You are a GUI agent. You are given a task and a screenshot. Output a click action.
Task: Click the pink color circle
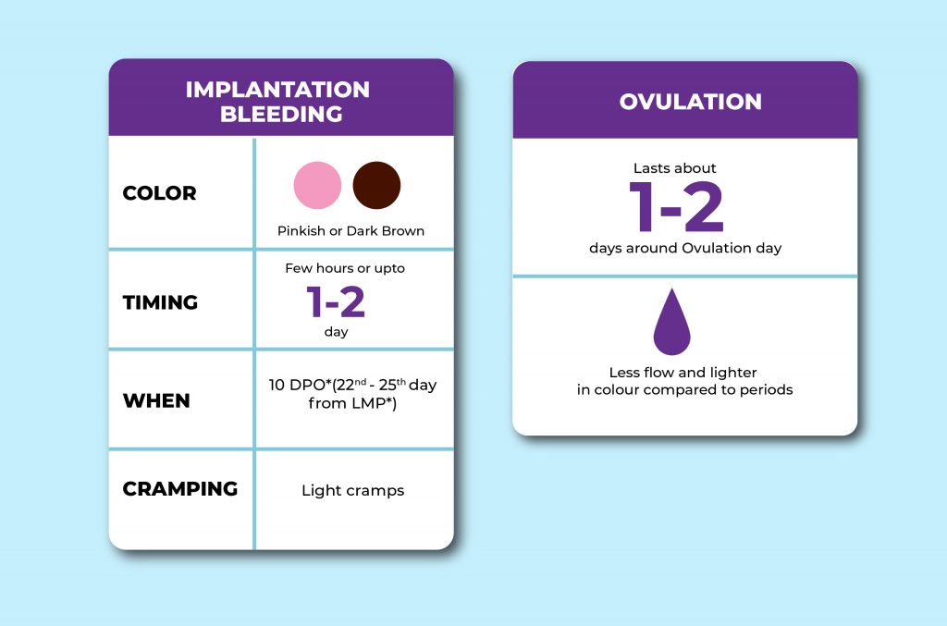[317, 185]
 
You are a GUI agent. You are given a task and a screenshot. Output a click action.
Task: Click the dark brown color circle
[376, 185]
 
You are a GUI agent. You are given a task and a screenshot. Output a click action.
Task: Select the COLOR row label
[159, 193]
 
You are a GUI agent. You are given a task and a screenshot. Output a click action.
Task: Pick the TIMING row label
[160, 302]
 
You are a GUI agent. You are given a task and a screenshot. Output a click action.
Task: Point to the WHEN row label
[156, 400]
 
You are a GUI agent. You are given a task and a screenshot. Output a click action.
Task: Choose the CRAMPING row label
[179, 488]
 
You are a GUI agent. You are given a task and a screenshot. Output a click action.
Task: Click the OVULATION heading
[690, 102]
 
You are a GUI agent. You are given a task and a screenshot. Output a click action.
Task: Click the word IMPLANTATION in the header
[277, 90]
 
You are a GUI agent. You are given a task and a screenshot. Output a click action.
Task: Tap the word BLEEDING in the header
[277, 115]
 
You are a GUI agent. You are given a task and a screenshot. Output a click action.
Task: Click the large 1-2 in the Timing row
[336, 301]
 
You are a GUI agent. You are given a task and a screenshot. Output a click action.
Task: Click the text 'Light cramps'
[352, 491]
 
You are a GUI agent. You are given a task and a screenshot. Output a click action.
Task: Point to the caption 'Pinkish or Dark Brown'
[351, 231]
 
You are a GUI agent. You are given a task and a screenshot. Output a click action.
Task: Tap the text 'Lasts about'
[675, 168]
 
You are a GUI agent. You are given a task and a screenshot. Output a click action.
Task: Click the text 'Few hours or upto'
[345, 269]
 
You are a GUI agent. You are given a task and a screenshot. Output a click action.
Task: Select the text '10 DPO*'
[288, 385]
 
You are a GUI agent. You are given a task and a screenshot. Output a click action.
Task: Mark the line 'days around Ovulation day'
[685, 248]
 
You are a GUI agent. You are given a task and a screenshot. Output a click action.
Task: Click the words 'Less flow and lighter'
[683, 373]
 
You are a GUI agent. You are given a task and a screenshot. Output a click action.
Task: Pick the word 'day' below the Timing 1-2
[336, 332]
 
